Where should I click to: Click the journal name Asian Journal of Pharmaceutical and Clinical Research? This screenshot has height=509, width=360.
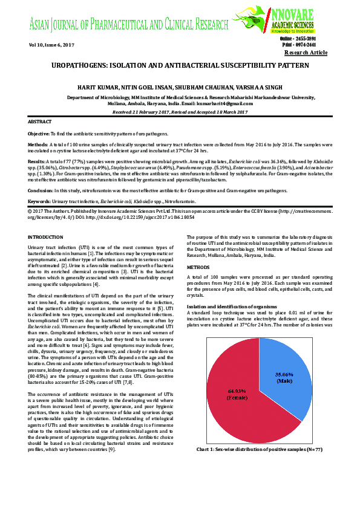[128, 25]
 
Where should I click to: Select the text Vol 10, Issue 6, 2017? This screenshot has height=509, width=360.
[51, 45]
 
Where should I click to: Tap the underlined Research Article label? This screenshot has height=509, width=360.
[306, 53]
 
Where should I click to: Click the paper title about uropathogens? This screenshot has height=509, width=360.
[180, 65]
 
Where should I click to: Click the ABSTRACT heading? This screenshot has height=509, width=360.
[40, 122]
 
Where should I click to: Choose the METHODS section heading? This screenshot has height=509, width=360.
[198, 283]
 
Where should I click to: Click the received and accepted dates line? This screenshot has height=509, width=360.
[180, 112]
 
